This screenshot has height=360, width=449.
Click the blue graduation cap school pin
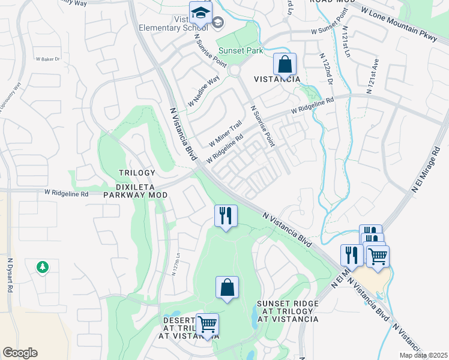(200, 12)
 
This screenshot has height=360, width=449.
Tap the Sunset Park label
(240, 51)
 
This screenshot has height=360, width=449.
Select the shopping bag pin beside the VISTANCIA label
(285, 65)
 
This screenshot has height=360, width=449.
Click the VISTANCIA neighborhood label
(276, 79)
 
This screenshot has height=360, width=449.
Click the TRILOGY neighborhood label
(133, 173)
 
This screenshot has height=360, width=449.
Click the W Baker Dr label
(49, 59)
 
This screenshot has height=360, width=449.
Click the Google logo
(20, 353)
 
